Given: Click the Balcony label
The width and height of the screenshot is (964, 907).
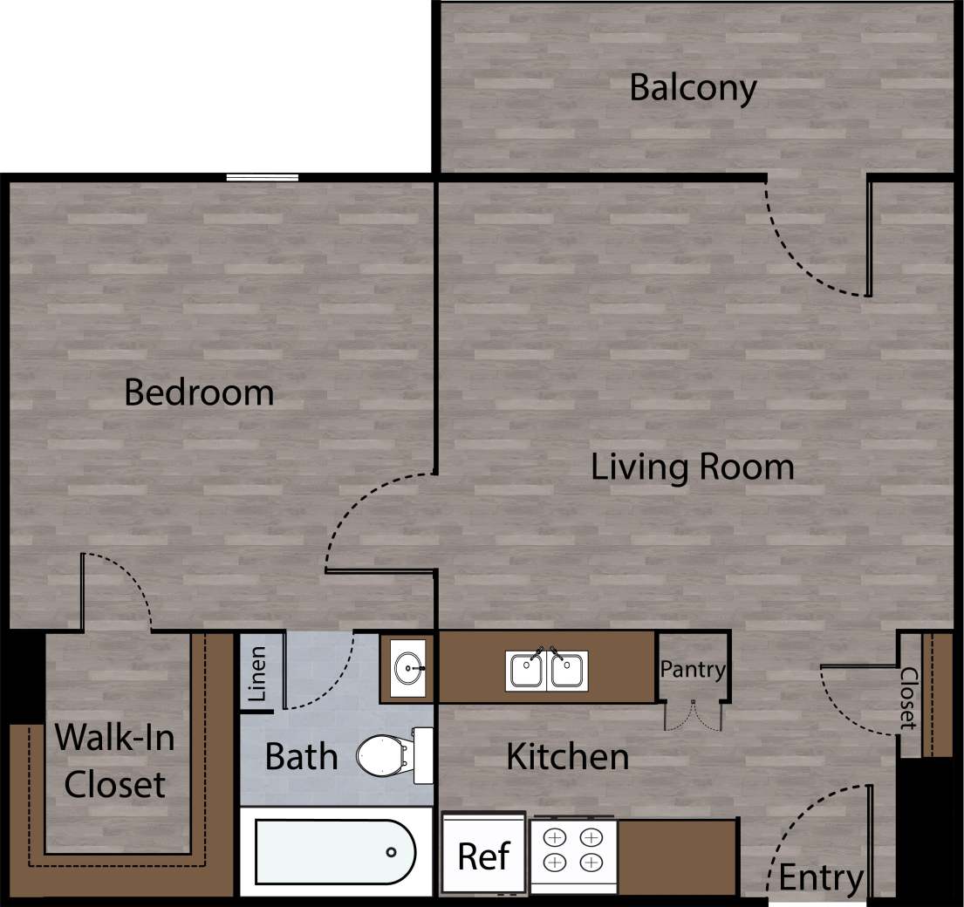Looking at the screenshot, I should (693, 88).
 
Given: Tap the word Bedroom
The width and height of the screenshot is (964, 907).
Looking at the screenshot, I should (199, 392).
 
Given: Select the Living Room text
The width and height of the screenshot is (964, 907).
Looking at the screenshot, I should (693, 467).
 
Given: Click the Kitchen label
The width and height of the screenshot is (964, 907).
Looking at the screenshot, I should (567, 756).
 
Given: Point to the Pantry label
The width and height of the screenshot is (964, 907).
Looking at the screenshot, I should (693, 670).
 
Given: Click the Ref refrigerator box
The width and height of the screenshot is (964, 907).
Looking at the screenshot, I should (483, 855).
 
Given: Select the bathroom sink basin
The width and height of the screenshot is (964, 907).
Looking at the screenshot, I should (407, 669).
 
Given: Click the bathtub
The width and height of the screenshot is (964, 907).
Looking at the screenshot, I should (335, 852).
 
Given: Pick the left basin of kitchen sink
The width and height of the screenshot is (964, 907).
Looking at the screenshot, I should (526, 671).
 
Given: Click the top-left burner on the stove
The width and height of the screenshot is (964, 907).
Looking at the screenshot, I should (556, 836).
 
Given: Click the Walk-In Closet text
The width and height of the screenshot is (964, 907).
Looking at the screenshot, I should (114, 761).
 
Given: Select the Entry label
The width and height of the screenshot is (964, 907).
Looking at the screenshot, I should (820, 877).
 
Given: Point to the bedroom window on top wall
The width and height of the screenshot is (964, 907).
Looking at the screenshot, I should (262, 178).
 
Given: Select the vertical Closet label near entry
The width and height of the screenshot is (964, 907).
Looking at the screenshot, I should (908, 698).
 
